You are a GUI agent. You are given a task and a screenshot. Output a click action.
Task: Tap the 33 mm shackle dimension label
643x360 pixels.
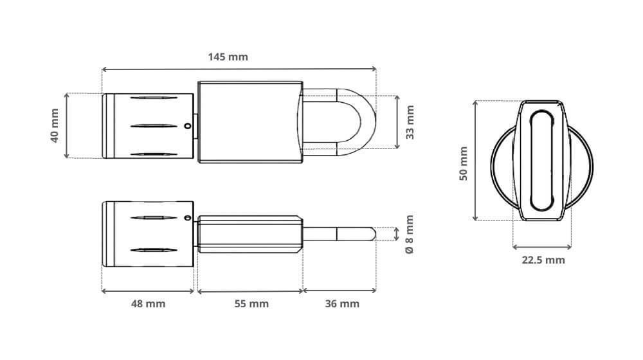[410, 122]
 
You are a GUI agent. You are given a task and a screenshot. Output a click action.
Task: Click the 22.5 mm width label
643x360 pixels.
[543, 260]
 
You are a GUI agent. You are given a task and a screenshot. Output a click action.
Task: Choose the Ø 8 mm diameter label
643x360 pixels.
[410, 233]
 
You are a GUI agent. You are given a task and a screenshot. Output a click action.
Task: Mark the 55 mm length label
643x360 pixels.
[250, 303]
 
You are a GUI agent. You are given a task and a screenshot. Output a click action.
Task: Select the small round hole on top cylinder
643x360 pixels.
[187, 127]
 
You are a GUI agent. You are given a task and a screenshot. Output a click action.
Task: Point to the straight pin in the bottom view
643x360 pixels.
[338, 233]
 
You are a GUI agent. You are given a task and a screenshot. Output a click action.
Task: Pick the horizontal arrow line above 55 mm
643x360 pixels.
[250, 291]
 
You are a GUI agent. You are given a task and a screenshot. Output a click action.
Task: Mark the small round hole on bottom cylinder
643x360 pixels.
[188, 218]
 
